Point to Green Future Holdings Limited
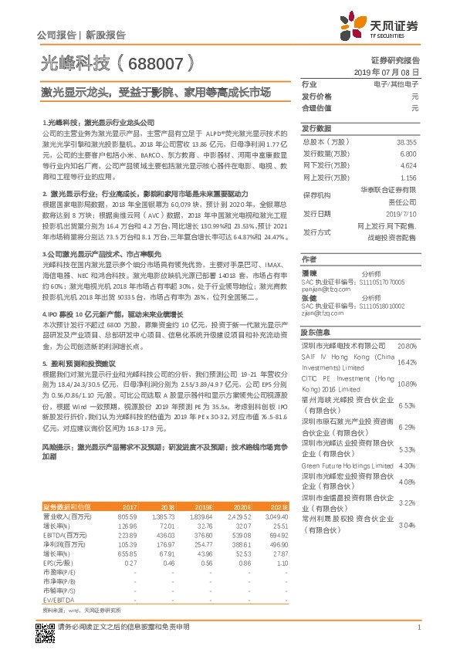(x=347, y=465)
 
